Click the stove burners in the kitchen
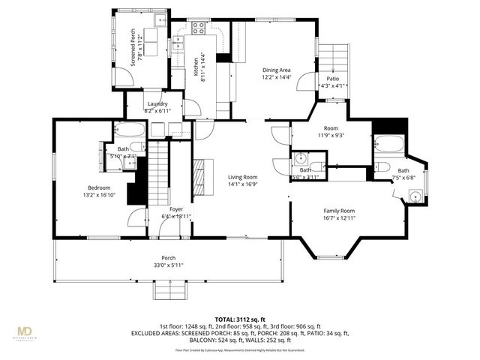point(199,29)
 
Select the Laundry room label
point(157,103)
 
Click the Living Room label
point(243,177)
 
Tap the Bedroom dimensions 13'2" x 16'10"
point(100,194)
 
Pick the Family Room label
point(339,211)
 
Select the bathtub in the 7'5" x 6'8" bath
point(389,145)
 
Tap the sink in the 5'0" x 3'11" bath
point(300,158)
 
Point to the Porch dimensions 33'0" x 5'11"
point(168,265)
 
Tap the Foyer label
point(176,209)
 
